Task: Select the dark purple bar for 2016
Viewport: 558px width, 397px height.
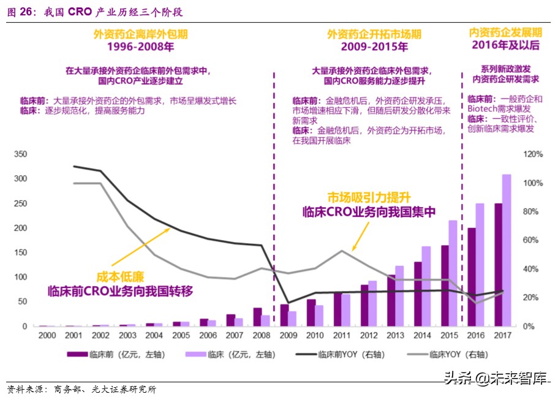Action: [472, 277]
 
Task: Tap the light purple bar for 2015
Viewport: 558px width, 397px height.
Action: [453, 273]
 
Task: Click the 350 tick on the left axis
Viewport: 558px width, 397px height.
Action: [20, 154]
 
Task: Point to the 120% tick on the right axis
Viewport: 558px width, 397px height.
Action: [534, 154]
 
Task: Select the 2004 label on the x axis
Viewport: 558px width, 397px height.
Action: [154, 336]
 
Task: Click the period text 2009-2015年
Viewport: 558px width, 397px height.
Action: [374, 47]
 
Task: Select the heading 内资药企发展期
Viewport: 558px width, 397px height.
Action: [505, 32]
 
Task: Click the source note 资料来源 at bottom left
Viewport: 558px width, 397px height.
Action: [27, 389]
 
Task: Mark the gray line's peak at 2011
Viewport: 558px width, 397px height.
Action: [342, 251]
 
